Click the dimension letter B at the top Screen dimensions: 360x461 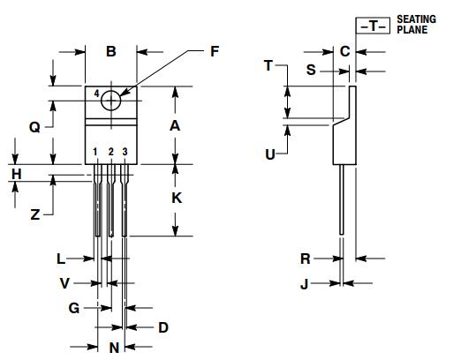point(111,52)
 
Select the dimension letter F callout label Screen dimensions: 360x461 point(213,52)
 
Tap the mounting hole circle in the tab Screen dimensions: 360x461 point(110,101)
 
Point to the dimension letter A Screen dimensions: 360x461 point(175,125)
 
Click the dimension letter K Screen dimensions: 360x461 point(176,199)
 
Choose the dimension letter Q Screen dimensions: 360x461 point(34,126)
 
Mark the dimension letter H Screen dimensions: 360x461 point(15,174)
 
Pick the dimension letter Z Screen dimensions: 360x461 point(34,214)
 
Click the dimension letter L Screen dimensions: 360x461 point(61,259)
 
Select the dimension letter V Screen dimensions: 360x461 point(64,283)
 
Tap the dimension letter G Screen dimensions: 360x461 point(74,308)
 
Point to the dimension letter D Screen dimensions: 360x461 point(162,327)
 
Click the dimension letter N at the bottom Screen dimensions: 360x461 point(114,348)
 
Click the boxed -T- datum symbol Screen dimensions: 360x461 point(372,26)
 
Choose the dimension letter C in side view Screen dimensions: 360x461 point(344,51)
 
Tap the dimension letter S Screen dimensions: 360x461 point(311,69)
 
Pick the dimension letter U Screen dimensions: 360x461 point(270,154)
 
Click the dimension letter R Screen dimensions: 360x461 point(305,259)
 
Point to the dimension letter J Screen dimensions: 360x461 point(305,283)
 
